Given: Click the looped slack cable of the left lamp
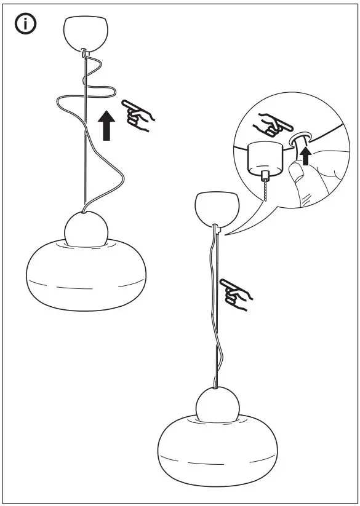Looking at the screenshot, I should (x=86, y=98).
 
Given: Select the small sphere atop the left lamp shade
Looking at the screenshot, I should (x=86, y=229).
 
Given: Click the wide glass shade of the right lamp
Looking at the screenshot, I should (x=215, y=452).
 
